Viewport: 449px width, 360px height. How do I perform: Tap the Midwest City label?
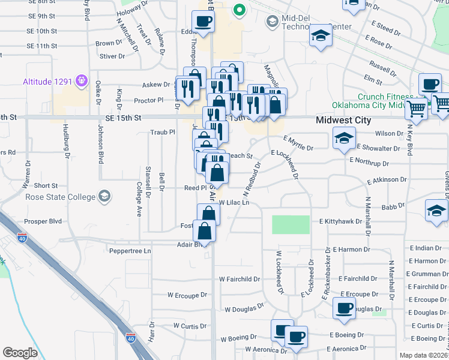point(344,120)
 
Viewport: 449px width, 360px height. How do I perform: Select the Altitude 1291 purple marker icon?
point(82,82)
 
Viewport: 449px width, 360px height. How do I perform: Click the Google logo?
point(20,353)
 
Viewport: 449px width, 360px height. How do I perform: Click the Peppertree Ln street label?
point(130,250)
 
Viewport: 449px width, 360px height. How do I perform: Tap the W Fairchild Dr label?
point(240,279)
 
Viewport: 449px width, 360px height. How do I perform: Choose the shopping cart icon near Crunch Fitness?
point(416,110)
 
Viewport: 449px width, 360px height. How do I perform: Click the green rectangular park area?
point(291,224)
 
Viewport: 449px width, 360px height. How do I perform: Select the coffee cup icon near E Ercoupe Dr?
point(344,308)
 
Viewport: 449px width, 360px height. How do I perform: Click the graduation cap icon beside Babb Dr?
point(436,210)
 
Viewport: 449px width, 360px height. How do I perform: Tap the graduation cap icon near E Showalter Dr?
point(344,139)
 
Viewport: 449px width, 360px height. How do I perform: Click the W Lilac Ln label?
point(234,203)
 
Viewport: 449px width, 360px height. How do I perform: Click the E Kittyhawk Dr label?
point(340,221)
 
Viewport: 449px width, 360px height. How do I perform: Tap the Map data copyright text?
point(424,355)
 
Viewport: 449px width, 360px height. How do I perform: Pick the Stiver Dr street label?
point(112,57)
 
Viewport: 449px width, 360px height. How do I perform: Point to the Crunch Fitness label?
point(381,97)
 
